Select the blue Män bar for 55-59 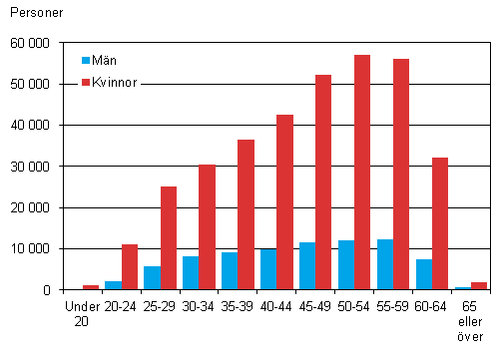pos(385,264)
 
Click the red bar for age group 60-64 pos(440,223)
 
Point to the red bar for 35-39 pos(246,214)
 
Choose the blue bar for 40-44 pos(268,269)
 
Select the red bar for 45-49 pos(323,182)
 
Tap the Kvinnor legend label pos(116,80)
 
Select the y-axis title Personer pos(33,13)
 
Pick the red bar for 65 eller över pos(479,286)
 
